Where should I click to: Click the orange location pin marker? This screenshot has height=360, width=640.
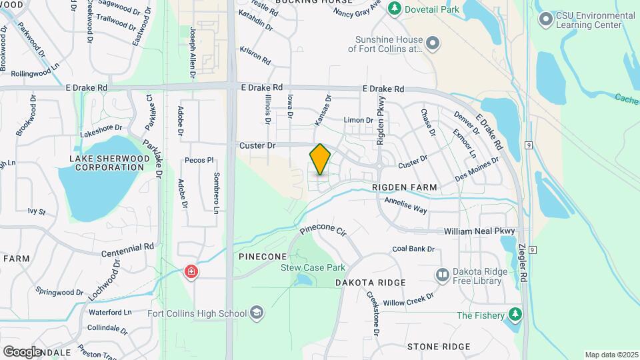320,159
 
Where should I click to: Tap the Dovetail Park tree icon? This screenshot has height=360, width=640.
395,8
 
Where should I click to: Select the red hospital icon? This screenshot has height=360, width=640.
191,273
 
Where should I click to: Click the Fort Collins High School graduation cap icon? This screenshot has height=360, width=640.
257,313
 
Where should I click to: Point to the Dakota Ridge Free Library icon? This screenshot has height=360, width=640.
442,275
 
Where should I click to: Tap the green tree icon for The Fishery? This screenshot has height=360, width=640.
515,314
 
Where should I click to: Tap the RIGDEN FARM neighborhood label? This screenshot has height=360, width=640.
405,188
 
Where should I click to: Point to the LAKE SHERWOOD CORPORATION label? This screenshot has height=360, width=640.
107,163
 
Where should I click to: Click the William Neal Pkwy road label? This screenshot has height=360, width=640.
480,231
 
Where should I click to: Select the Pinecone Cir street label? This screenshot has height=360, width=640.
323,231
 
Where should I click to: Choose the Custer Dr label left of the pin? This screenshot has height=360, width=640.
257,145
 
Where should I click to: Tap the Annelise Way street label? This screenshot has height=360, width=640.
406,204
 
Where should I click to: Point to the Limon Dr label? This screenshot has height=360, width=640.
358,120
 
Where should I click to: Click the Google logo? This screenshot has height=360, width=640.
23,351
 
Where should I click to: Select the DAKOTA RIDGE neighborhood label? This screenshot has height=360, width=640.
370,283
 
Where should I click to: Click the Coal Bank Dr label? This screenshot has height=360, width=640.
413,249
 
